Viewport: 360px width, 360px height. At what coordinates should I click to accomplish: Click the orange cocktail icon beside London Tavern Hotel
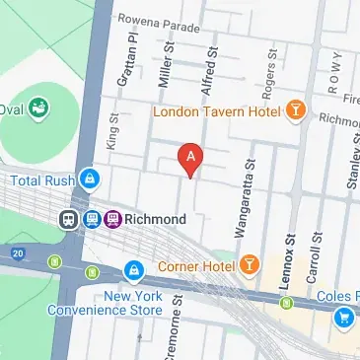[294, 111]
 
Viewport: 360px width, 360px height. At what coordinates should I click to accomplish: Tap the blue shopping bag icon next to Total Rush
[90, 180]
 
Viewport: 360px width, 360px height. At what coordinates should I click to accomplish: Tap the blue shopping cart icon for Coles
[345, 316]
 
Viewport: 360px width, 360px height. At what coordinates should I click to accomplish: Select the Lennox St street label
[290, 264]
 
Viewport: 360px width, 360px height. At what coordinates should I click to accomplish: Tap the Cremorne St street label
[179, 325]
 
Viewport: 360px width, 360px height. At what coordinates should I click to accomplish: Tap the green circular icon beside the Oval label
[40, 107]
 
